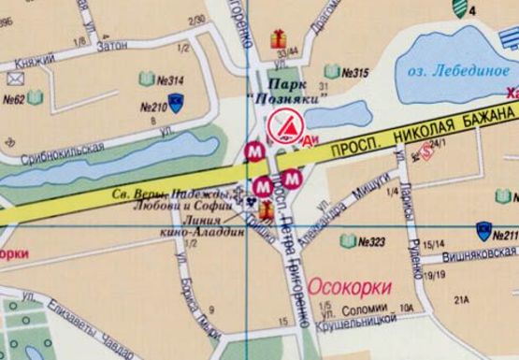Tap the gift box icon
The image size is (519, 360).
pos(277,38)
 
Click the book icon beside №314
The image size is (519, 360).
pos(147,79)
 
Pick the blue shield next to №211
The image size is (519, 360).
pos(483,228)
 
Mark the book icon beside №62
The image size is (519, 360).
pos(36,96)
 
